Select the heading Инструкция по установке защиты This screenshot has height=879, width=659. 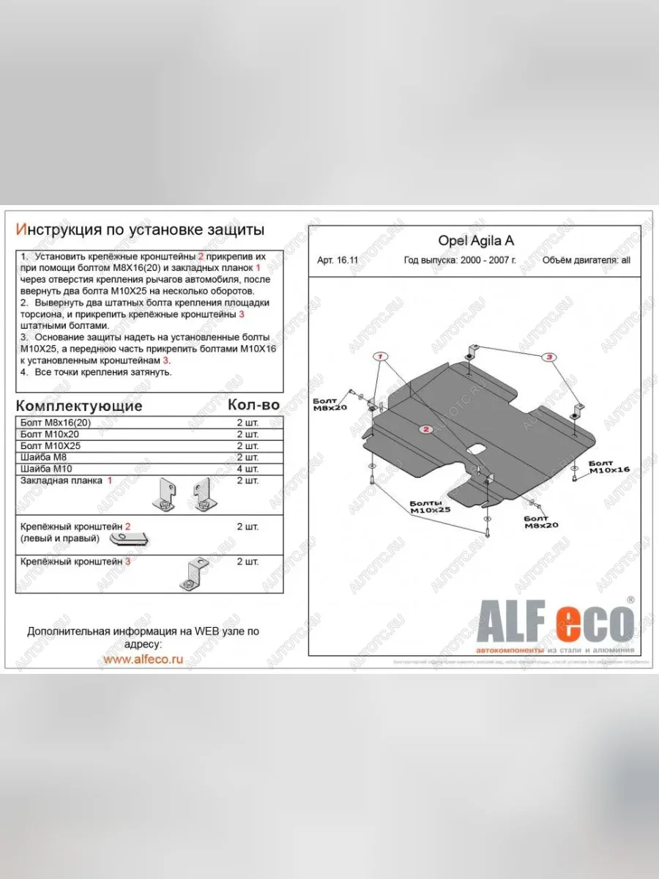click(140, 231)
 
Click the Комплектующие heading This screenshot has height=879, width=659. click(78, 406)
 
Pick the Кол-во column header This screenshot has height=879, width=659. click(253, 405)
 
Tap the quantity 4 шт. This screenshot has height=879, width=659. click(247, 469)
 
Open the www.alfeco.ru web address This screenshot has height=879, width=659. click(143, 659)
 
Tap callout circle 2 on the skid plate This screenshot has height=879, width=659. click(425, 429)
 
